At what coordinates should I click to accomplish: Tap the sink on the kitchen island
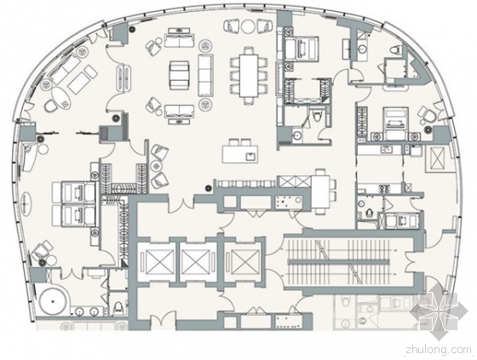point(250,157)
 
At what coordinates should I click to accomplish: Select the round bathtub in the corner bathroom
point(53,301)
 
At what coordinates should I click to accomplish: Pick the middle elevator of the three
point(195,262)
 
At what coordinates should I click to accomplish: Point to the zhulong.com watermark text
point(439,351)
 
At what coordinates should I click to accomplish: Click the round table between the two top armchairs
point(248,26)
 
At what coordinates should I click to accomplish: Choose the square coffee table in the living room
point(179,75)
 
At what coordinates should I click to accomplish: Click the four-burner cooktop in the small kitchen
point(384,189)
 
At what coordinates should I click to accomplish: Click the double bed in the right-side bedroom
point(394,123)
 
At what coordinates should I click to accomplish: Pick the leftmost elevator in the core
point(158,262)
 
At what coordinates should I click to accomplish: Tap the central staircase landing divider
point(339,261)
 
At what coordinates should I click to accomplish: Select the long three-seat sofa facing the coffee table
point(206,75)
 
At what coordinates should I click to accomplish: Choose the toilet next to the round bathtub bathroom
point(118,307)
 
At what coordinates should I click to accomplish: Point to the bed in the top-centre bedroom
point(302,49)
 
